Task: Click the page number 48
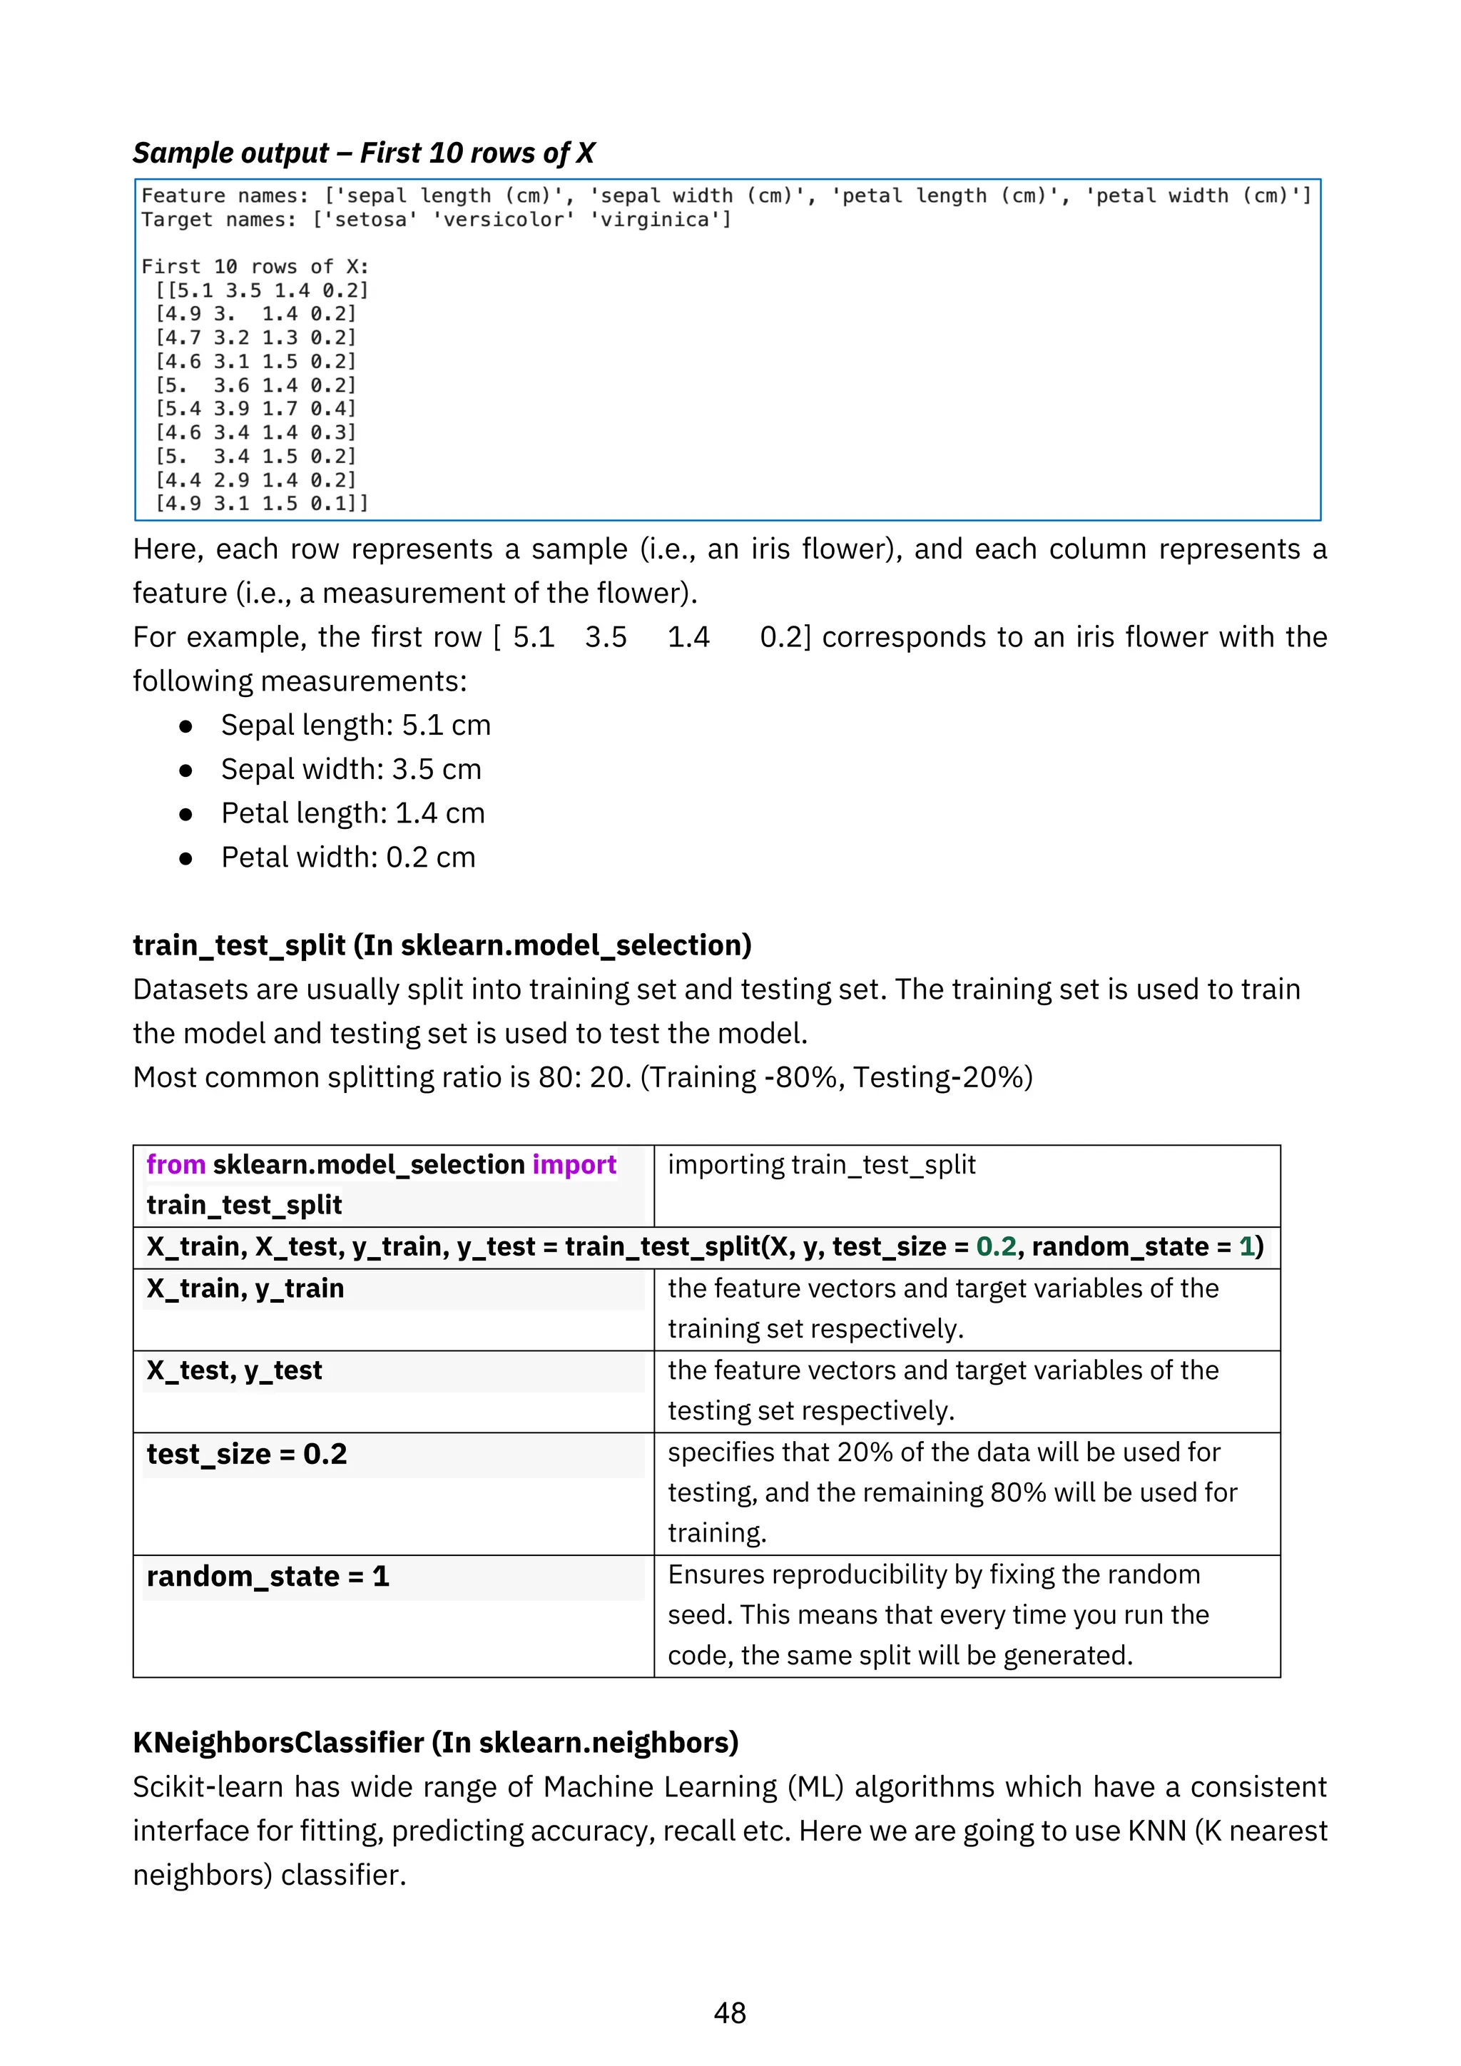click(730, 2013)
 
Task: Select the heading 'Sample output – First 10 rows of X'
click(363, 153)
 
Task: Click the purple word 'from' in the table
click(176, 1164)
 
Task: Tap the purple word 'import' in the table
click(574, 1164)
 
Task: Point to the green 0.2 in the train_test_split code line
click(996, 1246)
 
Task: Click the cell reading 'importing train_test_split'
click(821, 1164)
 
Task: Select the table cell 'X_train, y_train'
click(245, 1288)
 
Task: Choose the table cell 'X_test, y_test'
click(234, 1370)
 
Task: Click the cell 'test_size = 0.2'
click(247, 1454)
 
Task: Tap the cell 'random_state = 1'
click(268, 1577)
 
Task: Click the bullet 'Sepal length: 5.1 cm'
click(355, 726)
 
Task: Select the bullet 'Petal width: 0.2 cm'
click(348, 858)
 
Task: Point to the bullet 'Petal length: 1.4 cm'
click(352, 813)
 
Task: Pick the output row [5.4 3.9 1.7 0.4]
click(256, 409)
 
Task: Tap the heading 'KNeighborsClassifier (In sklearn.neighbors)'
click(435, 1743)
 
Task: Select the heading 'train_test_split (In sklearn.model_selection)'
click(442, 946)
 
